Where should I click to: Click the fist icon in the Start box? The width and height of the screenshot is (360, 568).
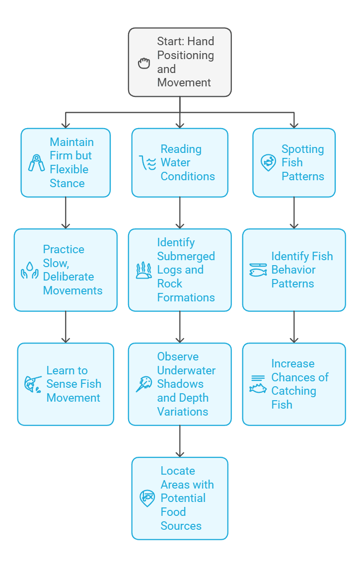point(144,63)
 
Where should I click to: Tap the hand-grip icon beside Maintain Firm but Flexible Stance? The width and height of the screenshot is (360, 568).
point(36,163)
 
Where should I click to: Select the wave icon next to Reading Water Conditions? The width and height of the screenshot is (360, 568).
point(147,163)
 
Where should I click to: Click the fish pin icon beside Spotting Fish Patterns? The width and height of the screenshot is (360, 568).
point(268,163)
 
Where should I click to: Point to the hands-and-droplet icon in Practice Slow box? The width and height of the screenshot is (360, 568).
point(29,270)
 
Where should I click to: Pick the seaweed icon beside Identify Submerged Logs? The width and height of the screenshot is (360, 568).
point(144,270)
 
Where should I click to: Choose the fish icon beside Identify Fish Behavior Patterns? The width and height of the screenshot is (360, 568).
point(258,270)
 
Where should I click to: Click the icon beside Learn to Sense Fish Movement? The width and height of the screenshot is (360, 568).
point(33,384)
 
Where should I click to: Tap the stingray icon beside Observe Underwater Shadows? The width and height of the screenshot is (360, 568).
point(144,384)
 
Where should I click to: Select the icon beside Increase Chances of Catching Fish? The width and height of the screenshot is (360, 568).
point(258,384)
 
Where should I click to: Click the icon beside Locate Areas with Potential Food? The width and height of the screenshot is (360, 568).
point(147,498)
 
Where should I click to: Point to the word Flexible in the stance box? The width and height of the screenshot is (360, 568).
point(69,169)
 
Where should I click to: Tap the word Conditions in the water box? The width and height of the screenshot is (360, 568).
point(188,176)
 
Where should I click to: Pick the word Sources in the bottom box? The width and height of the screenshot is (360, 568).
point(181,526)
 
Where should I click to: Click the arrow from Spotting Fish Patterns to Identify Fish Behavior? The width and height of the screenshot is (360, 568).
point(294,213)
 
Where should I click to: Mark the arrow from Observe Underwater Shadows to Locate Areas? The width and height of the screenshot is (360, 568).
point(180,441)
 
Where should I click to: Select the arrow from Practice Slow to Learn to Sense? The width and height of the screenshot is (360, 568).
point(66,327)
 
